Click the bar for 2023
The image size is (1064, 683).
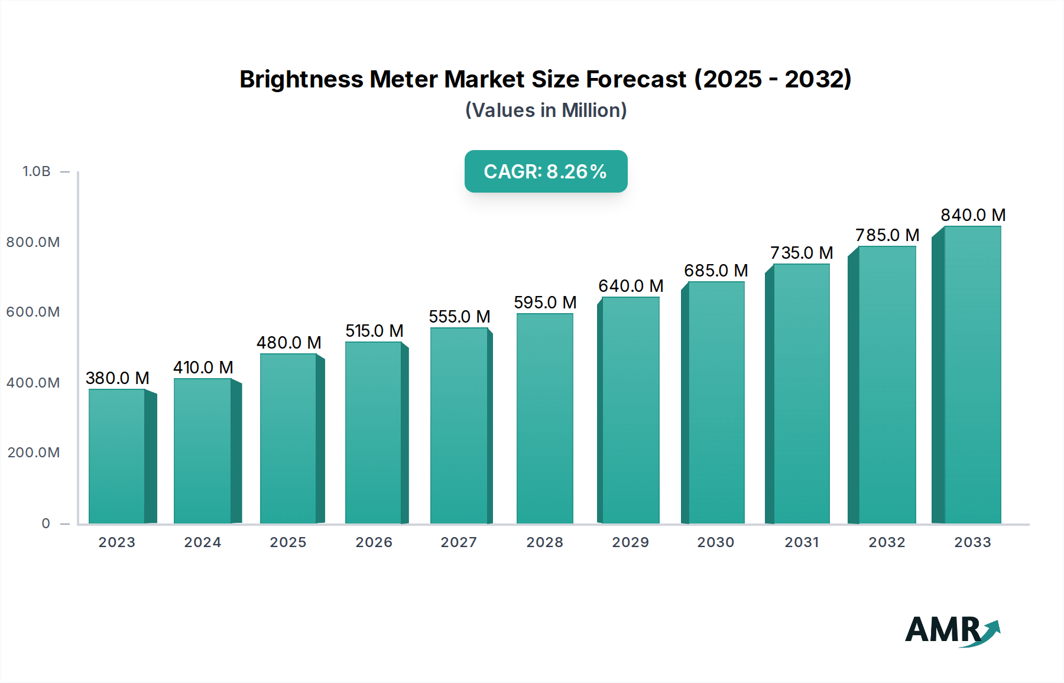pos(117,456)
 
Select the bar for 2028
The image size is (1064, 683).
pos(544,418)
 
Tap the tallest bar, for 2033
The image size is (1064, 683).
pos(972,375)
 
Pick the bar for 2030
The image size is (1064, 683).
pos(716,402)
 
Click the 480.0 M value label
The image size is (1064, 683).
pos(288,343)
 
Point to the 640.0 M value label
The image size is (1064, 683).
pos(631,286)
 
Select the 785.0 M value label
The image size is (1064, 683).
pos(887,235)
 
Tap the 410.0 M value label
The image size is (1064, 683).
pos(203,367)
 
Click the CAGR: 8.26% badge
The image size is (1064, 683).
pos(546,171)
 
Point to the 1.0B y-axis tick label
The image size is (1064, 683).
pos(37,171)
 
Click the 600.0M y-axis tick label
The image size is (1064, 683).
pos(33,312)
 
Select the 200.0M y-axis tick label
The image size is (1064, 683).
pos(34,453)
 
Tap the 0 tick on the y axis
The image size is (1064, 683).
pos(46,523)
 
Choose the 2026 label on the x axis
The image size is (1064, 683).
pos(374,542)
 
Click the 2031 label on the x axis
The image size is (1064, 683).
pos(802,542)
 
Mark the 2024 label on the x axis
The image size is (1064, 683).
pos(203,542)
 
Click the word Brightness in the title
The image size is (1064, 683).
pos(301,79)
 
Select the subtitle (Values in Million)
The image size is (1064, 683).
pos(546,110)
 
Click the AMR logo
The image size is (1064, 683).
pos(952,630)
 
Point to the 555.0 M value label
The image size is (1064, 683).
pos(459,317)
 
